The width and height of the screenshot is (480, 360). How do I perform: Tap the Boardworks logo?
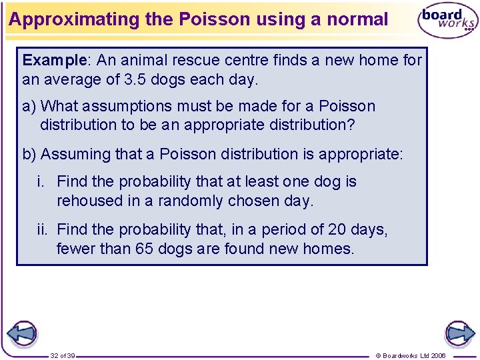447,21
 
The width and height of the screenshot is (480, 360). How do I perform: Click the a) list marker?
30,106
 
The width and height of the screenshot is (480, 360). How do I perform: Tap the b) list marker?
30,154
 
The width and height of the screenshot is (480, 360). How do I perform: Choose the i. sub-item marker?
44,181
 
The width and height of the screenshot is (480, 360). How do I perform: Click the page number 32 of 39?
63,355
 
